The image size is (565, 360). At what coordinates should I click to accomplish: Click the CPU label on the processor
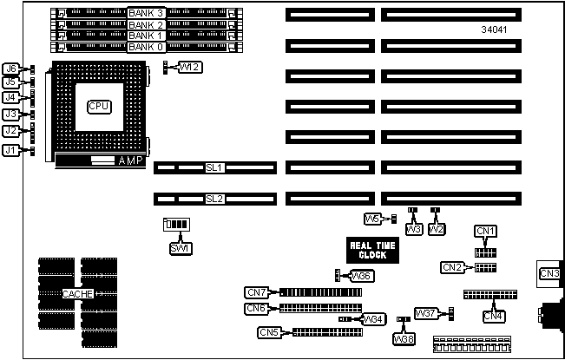[x=99, y=106]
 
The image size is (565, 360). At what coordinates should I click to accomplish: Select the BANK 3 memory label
[x=145, y=13]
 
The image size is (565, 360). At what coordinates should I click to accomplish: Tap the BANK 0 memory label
[x=145, y=47]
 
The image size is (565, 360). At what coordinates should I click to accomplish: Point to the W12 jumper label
[x=190, y=68]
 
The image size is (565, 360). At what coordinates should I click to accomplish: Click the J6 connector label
[x=10, y=69]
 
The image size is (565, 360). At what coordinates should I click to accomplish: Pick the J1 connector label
[x=10, y=150]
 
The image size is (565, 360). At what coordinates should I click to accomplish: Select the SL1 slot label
[x=214, y=167]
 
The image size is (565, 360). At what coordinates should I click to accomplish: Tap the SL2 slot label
[x=214, y=199]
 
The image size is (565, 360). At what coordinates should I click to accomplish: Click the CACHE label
[x=78, y=294]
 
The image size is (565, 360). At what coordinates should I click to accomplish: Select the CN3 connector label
[x=549, y=274]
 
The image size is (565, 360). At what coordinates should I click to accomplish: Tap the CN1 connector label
[x=486, y=231]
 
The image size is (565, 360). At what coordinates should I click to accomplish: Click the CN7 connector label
[x=257, y=292]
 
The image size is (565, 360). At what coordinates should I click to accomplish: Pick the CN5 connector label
[x=269, y=332]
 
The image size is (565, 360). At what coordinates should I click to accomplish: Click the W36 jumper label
[x=362, y=276]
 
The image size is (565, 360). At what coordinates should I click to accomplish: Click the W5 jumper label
[x=373, y=218]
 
